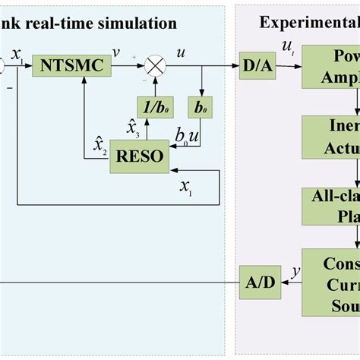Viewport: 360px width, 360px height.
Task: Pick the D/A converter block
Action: (254, 67)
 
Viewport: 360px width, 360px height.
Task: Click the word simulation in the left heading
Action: (140, 23)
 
